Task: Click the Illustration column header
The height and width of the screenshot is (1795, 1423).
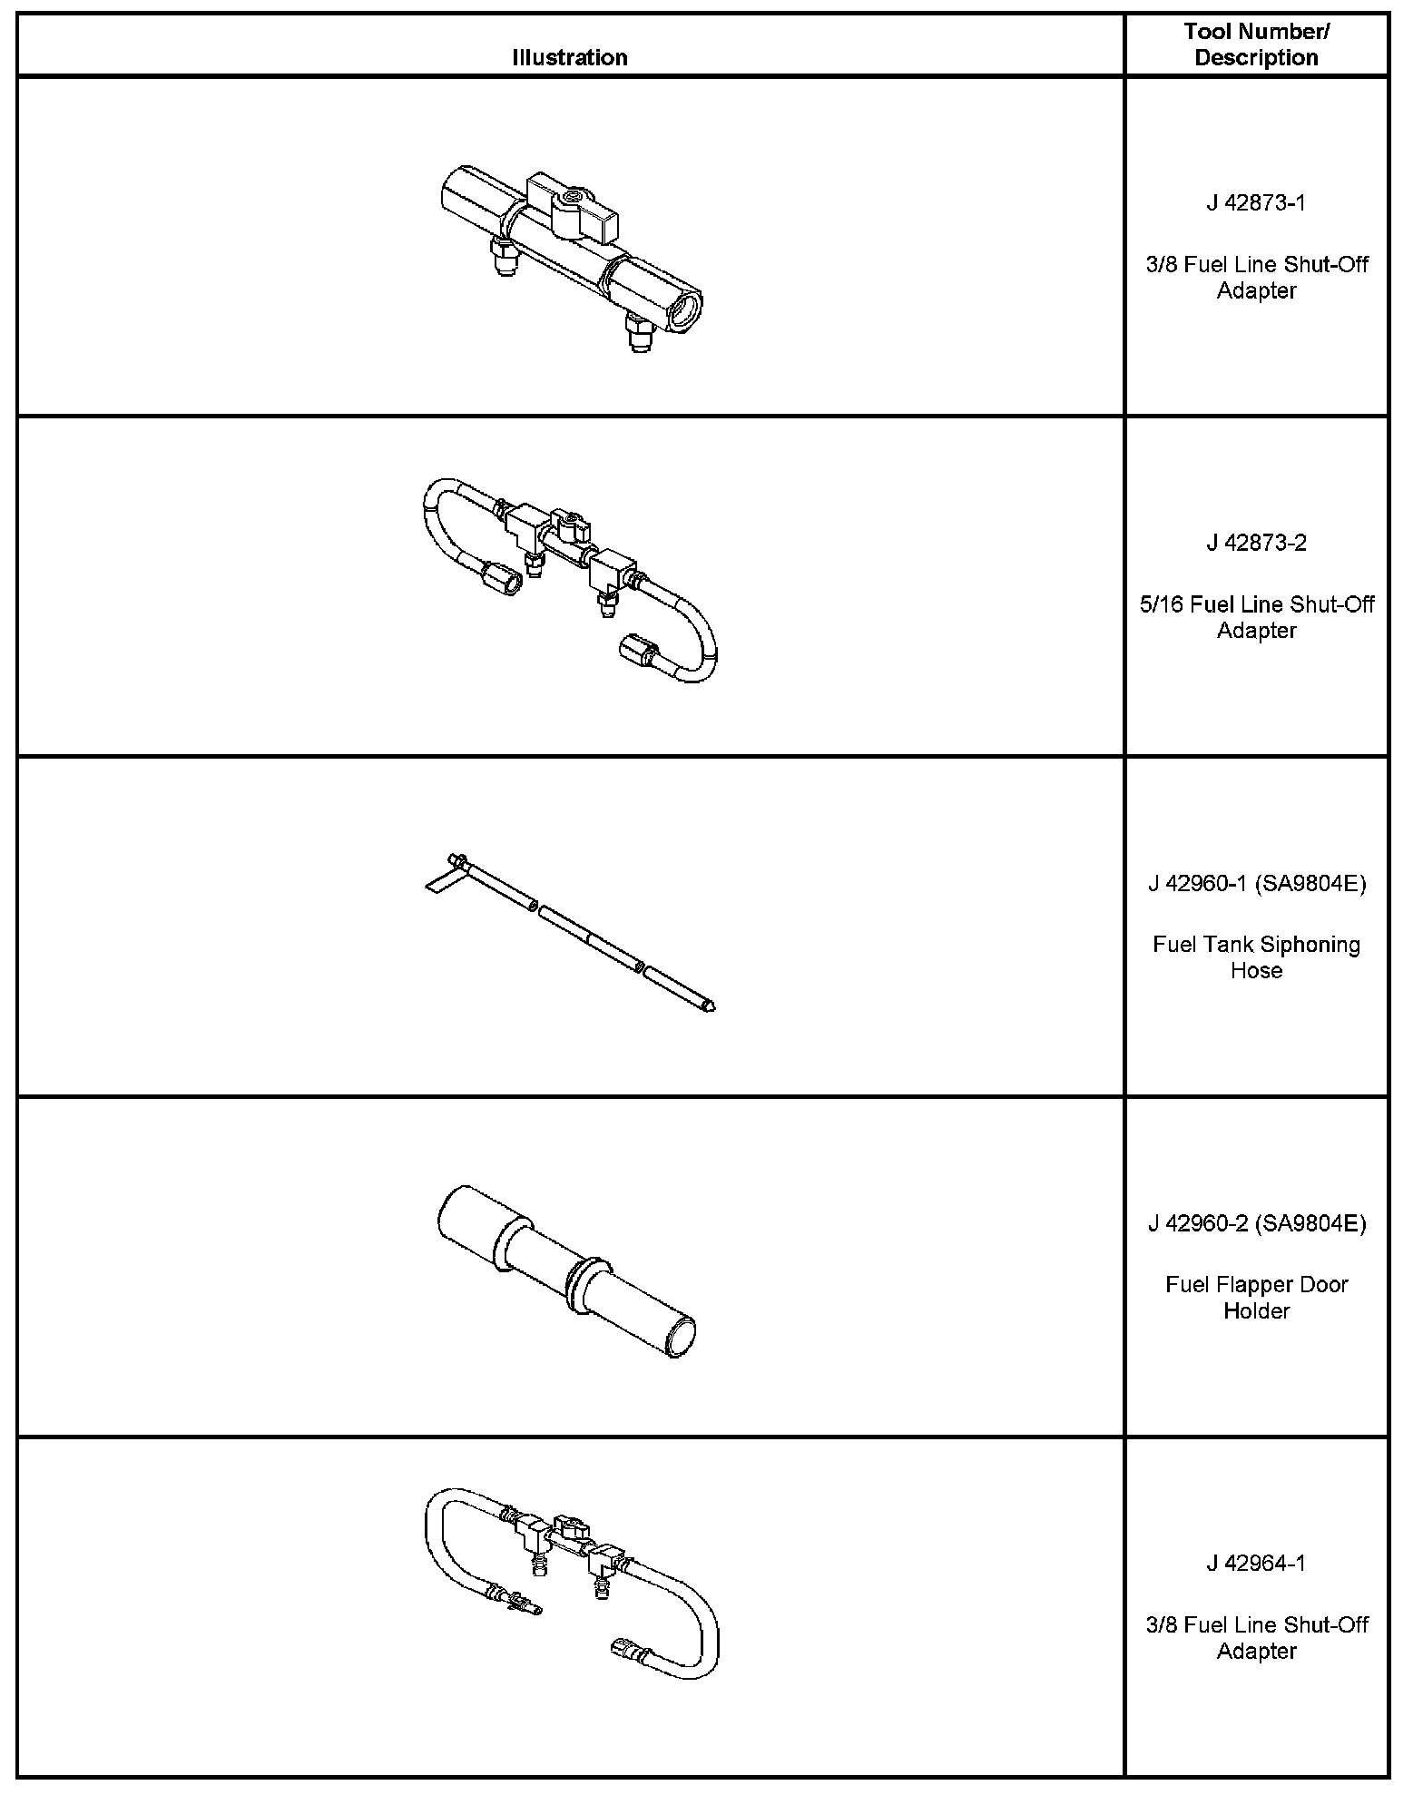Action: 569,57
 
